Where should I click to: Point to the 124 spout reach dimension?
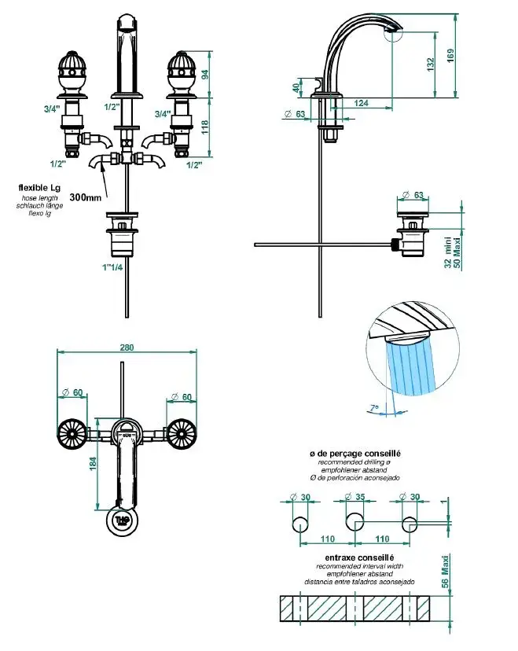[362, 103]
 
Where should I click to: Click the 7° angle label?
[376, 407]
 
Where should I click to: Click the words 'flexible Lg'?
[39, 189]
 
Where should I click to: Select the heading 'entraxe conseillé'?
[353, 557]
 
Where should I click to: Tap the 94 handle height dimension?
[204, 75]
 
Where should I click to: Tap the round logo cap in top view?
[123, 521]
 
